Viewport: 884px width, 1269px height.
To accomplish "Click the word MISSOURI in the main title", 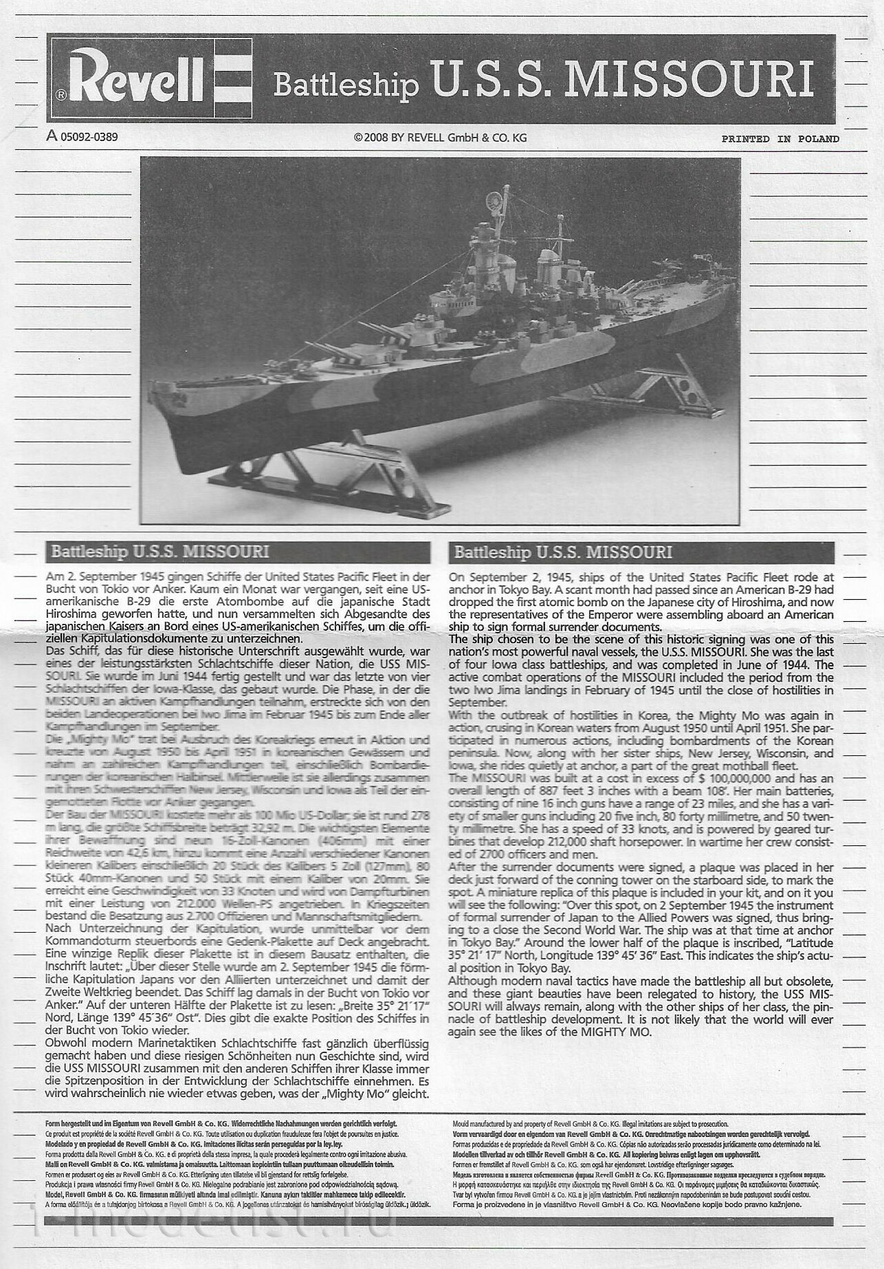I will pyautogui.click(x=692, y=80).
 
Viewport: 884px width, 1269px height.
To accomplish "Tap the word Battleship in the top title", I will pyautogui.click(x=346, y=86).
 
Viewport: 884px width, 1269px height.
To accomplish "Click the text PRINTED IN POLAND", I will pyautogui.click(x=780, y=139).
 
